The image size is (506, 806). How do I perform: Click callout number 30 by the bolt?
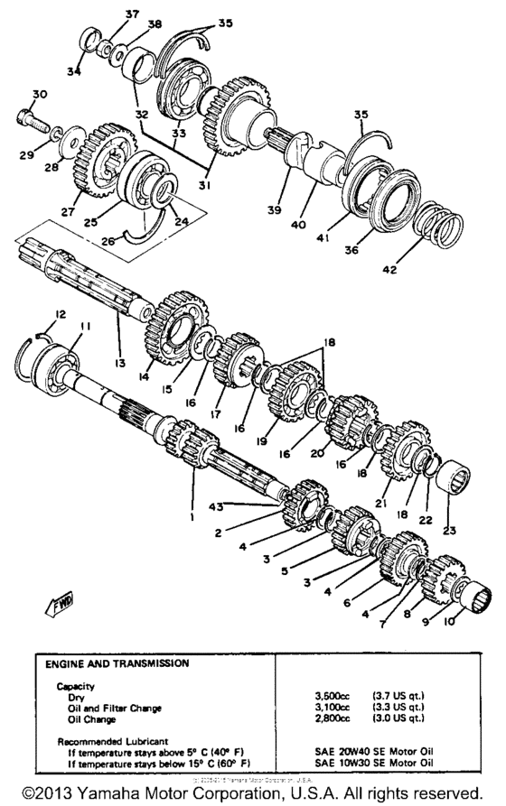click(x=39, y=95)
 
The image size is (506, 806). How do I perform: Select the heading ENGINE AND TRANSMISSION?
click(x=117, y=663)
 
